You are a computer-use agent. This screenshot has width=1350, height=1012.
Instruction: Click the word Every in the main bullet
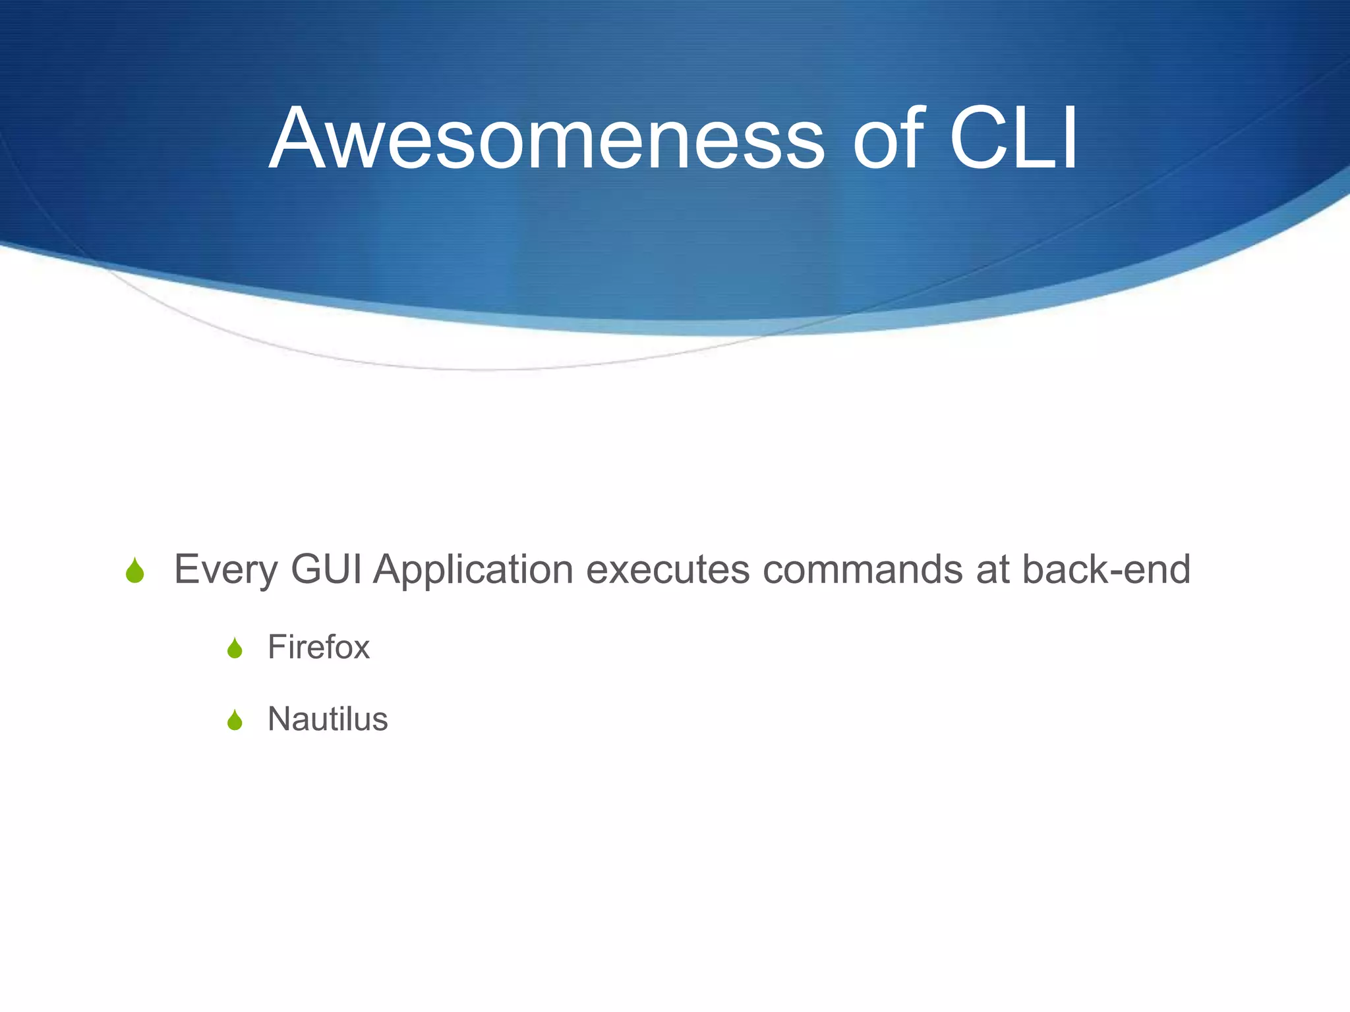tap(225, 571)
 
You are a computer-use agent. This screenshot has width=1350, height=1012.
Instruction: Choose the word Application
tap(473, 571)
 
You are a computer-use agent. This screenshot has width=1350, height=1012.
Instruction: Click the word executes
tap(668, 571)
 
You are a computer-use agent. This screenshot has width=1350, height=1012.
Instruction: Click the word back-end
tap(1106, 569)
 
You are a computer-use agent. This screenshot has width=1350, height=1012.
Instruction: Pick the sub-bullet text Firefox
tap(318, 647)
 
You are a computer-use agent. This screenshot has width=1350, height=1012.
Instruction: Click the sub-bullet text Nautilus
tap(328, 719)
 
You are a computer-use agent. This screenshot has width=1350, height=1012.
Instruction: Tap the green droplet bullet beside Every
tap(135, 571)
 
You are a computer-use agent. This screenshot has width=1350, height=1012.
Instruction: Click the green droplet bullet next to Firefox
tap(235, 649)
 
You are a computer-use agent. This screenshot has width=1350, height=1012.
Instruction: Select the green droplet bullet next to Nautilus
tap(235, 720)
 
